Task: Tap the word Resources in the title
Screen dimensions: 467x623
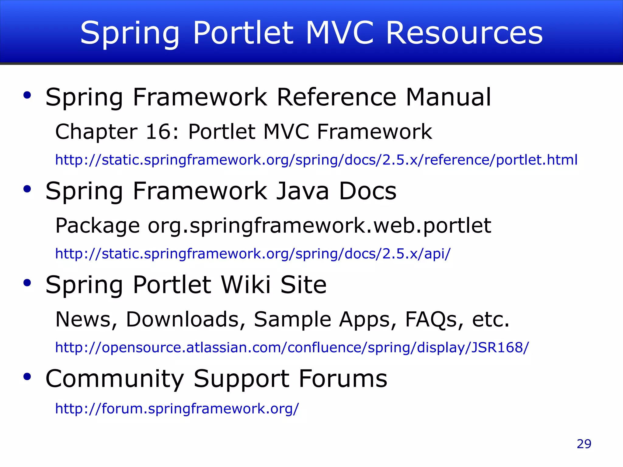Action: [x=464, y=33]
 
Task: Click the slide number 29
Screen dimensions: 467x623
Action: [x=584, y=444]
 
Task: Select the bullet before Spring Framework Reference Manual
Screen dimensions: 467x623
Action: [x=27, y=95]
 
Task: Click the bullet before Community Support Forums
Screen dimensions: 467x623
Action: [x=27, y=377]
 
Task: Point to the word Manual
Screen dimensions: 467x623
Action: [x=448, y=97]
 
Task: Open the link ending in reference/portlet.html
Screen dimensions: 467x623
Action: [x=316, y=160]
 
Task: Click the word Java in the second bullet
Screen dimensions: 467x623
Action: [x=303, y=191]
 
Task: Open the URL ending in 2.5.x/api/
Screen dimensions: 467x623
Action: [x=252, y=254]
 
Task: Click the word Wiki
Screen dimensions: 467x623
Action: [x=245, y=285]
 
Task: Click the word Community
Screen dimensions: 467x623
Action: [x=115, y=379]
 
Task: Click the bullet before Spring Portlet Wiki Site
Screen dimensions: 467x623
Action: [x=27, y=283]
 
